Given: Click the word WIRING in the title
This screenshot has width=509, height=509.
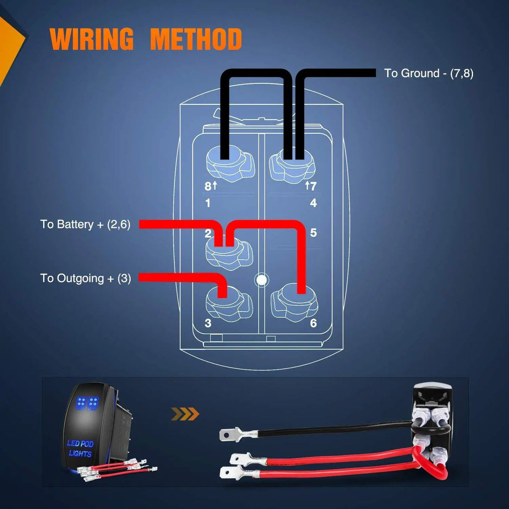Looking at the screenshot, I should pos(91,39).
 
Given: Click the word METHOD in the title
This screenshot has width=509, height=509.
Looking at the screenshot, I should pos(196,39).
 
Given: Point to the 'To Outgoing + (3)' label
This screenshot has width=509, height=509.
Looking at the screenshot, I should pos(86,278).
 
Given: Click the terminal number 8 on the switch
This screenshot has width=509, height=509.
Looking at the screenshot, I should pos(208,186).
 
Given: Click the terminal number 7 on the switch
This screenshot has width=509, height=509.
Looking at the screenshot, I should pos(313,186).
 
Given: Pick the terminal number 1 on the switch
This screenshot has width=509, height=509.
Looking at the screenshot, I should pos(208,203).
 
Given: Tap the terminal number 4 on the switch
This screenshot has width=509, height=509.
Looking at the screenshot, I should pos(313,203).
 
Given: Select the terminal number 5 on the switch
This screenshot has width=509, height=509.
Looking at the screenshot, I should pos(313,233).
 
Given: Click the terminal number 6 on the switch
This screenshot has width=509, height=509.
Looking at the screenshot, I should pos(313,323).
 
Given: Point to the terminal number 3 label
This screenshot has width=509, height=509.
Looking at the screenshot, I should pos(208,323).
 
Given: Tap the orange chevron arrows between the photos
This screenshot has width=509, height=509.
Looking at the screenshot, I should pos(185,414).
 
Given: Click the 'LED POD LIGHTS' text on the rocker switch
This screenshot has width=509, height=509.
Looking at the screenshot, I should pos(80,448).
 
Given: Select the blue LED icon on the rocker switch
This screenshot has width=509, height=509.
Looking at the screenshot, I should pos(87,403).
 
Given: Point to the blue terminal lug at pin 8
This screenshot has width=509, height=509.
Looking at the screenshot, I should pos(230,166).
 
